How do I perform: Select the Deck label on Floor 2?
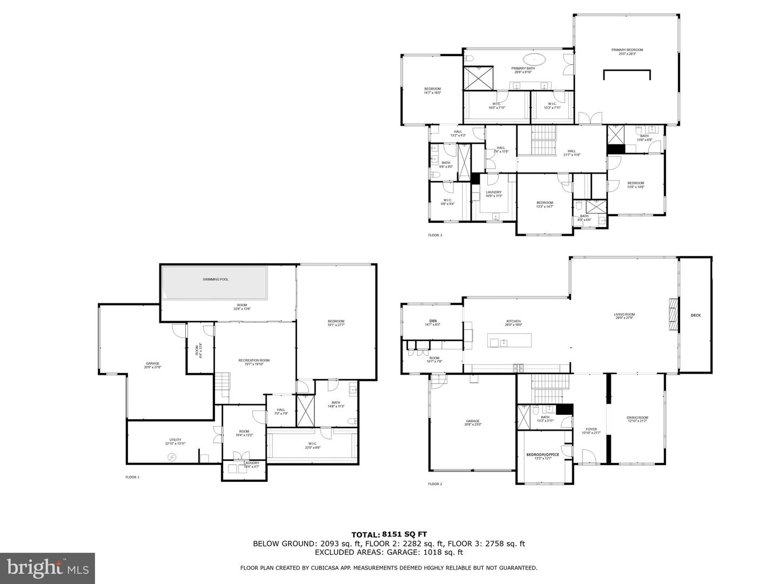click(x=695, y=315)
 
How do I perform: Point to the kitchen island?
click(x=509, y=341)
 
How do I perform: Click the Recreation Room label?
click(x=254, y=361)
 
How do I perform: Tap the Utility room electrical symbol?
click(x=172, y=457)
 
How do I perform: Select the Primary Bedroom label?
click(x=627, y=50)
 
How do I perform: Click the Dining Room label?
click(x=637, y=417)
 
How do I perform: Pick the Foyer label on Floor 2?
click(x=591, y=429)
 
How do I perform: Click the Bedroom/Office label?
click(x=542, y=455)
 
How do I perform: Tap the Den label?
click(x=433, y=321)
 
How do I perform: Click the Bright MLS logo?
click(x=48, y=568)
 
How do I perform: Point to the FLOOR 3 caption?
click(x=435, y=235)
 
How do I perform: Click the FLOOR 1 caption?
click(x=132, y=477)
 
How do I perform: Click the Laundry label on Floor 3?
click(x=494, y=193)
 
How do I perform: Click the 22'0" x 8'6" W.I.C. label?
click(x=313, y=444)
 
